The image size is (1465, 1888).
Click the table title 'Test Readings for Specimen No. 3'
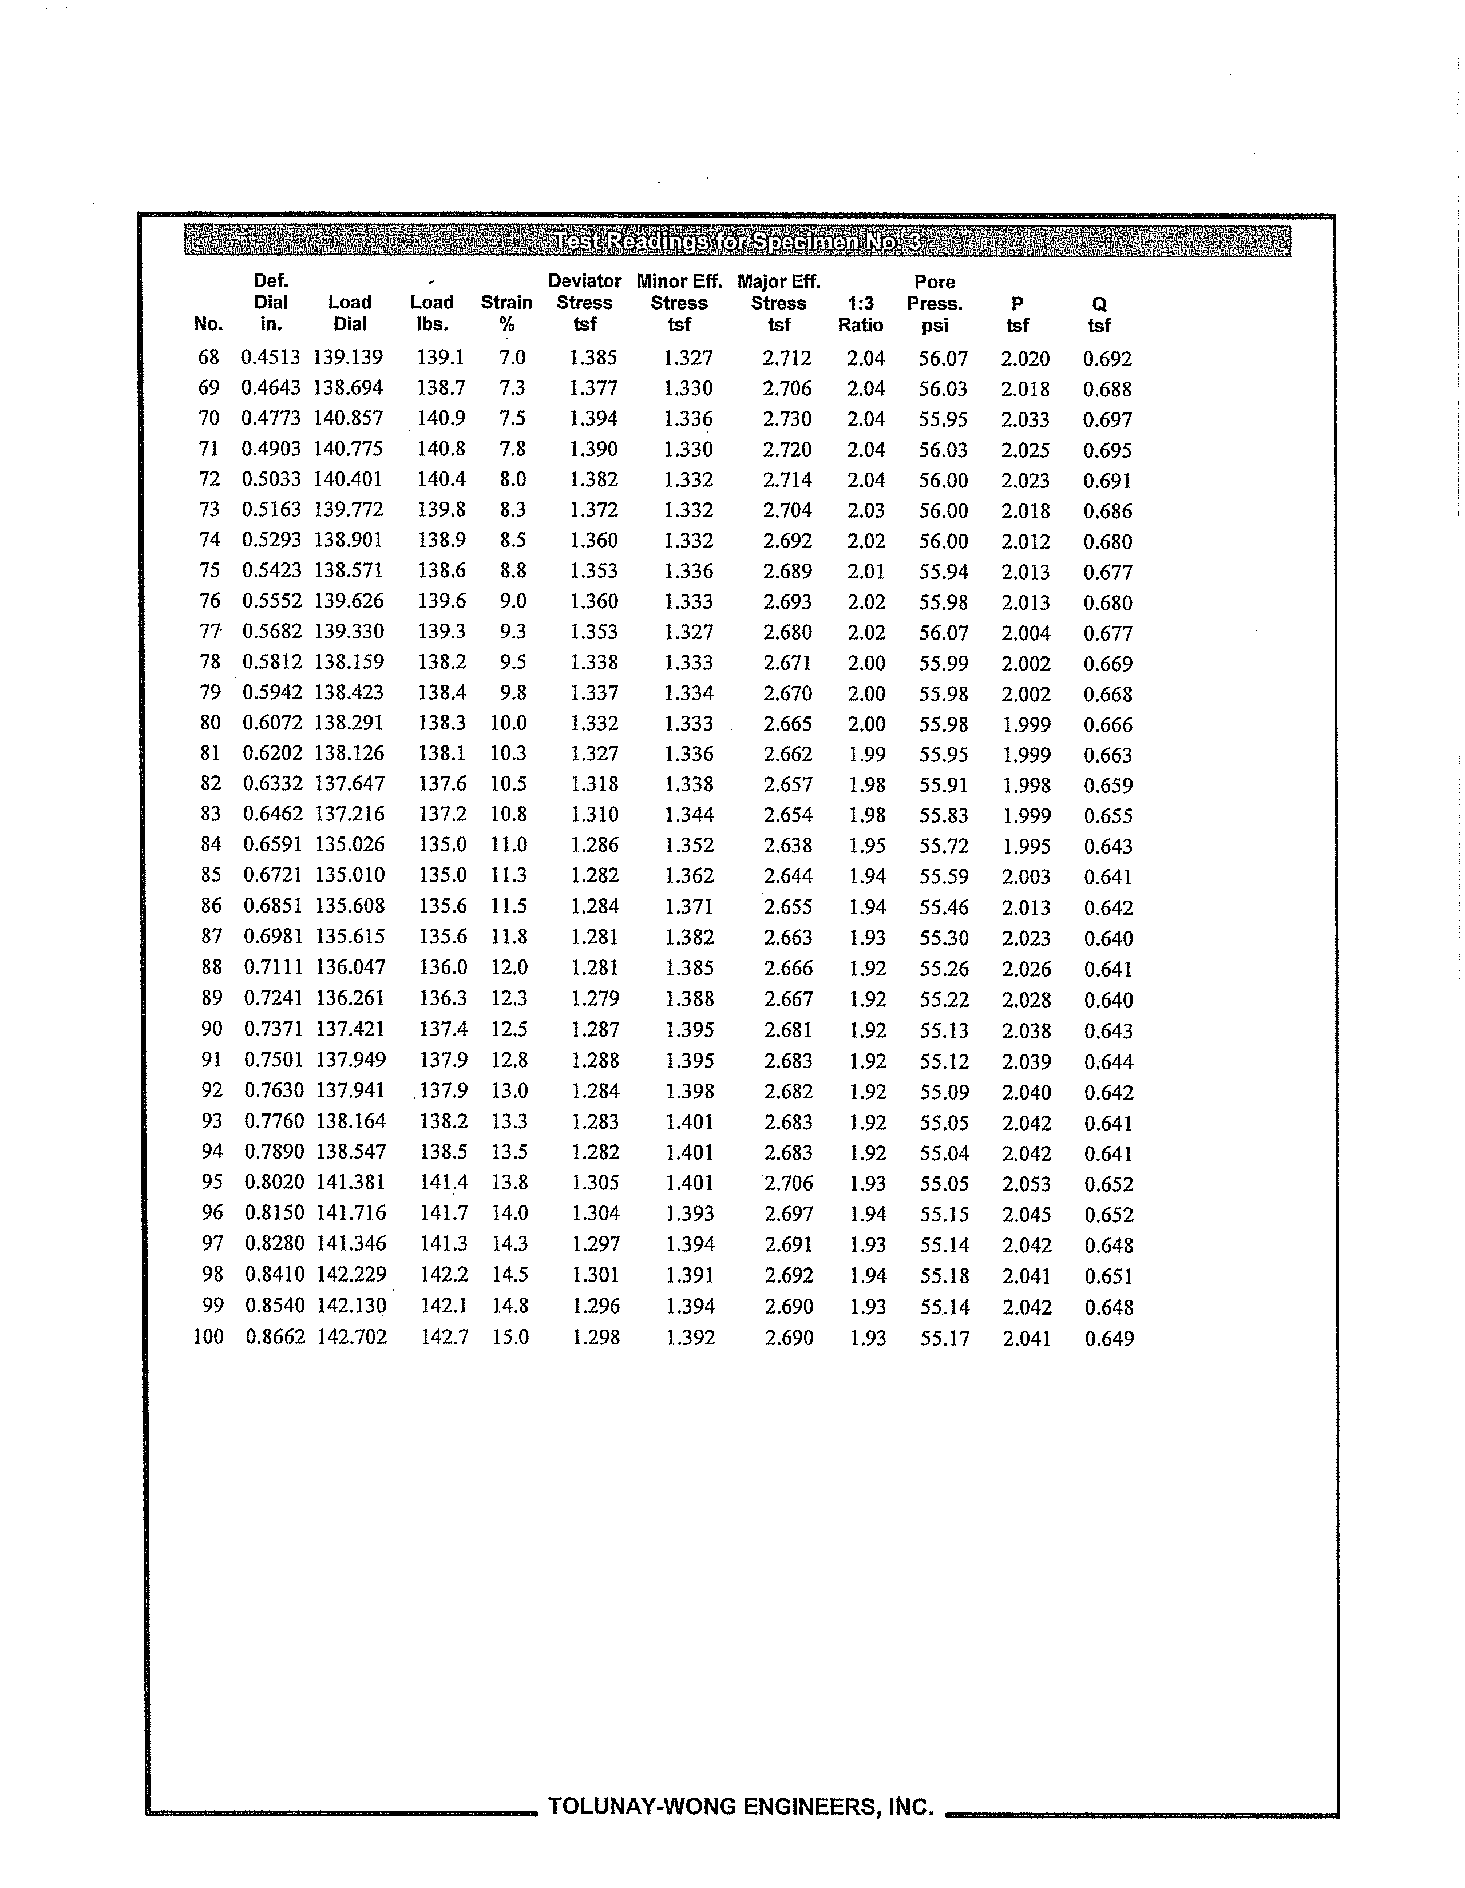coord(738,241)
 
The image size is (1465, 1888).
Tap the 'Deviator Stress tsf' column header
coord(585,303)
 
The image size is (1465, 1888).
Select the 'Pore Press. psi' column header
coord(935,303)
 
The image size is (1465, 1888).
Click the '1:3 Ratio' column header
coord(861,314)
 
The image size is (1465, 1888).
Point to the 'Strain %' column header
coord(507,313)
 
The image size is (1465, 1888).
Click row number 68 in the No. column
coord(209,357)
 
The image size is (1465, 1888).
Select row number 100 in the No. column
coord(208,1338)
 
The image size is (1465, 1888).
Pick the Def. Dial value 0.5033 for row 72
coord(271,479)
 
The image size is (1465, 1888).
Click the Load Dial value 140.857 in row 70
coord(348,418)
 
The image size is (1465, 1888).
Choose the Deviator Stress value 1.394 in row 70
coord(593,418)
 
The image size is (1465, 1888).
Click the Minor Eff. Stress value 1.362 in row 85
coord(689,876)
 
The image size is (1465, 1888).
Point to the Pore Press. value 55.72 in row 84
coord(944,846)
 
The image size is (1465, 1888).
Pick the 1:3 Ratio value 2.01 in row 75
coord(866,572)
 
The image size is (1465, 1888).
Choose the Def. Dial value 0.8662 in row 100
coord(275,1338)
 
